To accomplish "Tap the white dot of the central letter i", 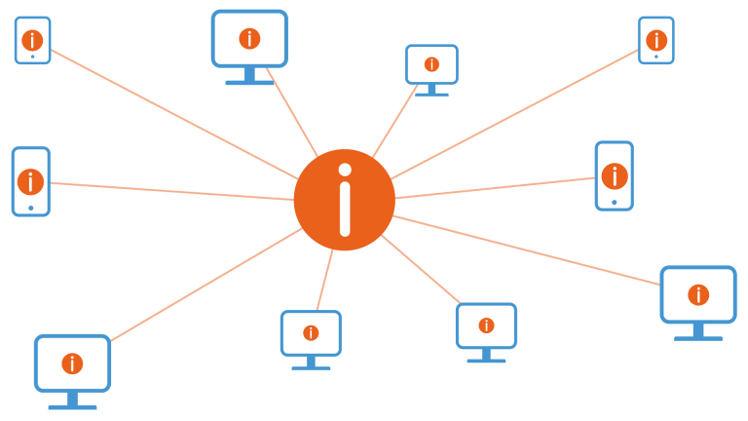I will click(345, 170).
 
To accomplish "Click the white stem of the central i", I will click(345, 209).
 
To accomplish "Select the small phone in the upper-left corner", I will click(32, 40).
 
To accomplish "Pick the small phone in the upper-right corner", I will click(655, 40).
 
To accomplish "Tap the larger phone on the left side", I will click(30, 181).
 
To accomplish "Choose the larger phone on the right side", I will click(614, 175).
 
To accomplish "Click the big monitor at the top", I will click(249, 39).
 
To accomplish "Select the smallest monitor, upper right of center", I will click(431, 64).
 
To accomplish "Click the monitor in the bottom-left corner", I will click(72, 363).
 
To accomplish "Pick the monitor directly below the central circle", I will click(311, 333).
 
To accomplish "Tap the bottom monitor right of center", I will click(486, 325).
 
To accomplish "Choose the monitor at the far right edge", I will click(698, 294).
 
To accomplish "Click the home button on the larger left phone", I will click(30, 208).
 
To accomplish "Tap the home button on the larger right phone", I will click(614, 203).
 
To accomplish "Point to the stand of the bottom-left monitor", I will click(72, 399).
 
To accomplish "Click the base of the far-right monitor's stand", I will click(698, 338).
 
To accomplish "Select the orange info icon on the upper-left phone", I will click(32, 40).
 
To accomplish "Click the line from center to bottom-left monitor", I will click(205, 286).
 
